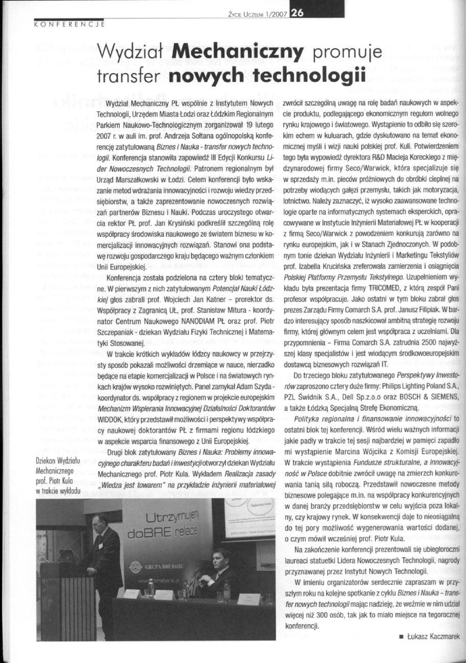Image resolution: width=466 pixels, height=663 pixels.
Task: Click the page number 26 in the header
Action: (297, 14)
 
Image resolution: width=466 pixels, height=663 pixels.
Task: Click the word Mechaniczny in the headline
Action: (237, 53)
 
